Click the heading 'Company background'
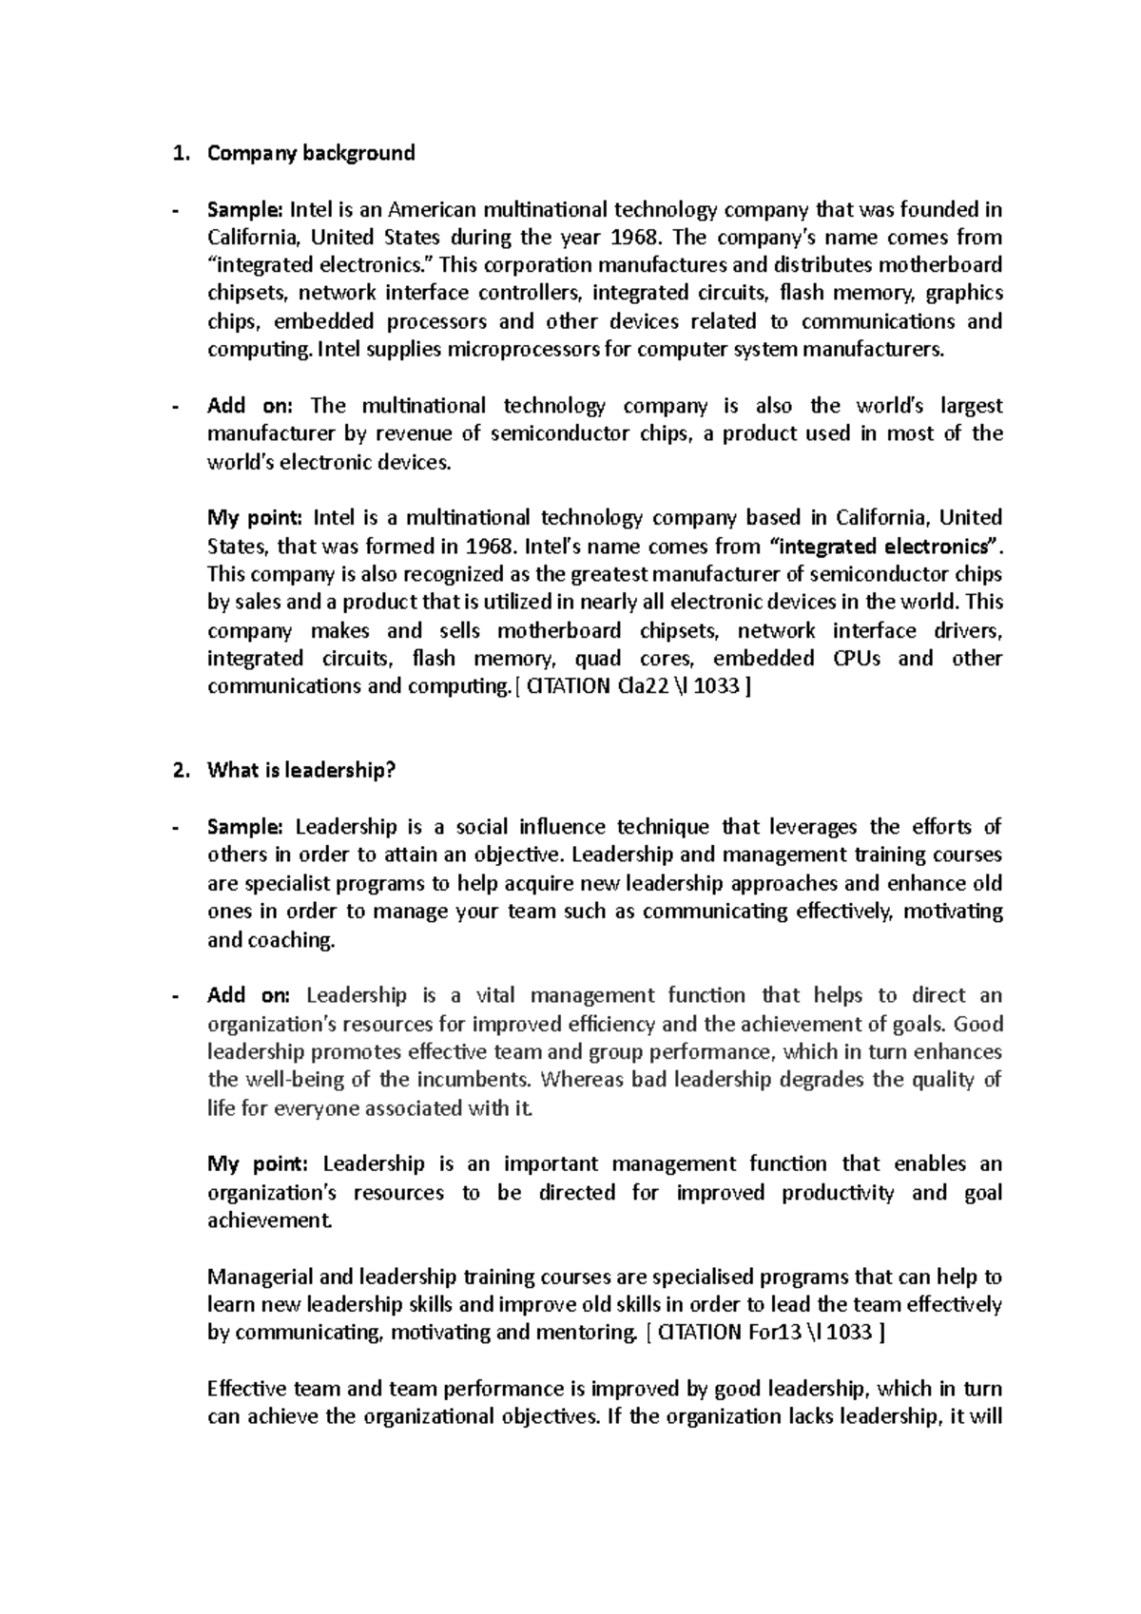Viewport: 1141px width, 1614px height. (311, 153)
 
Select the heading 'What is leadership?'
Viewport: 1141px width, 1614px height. (300, 771)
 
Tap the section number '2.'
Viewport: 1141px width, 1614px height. (179, 771)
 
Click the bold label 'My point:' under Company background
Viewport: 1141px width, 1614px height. (254, 518)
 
